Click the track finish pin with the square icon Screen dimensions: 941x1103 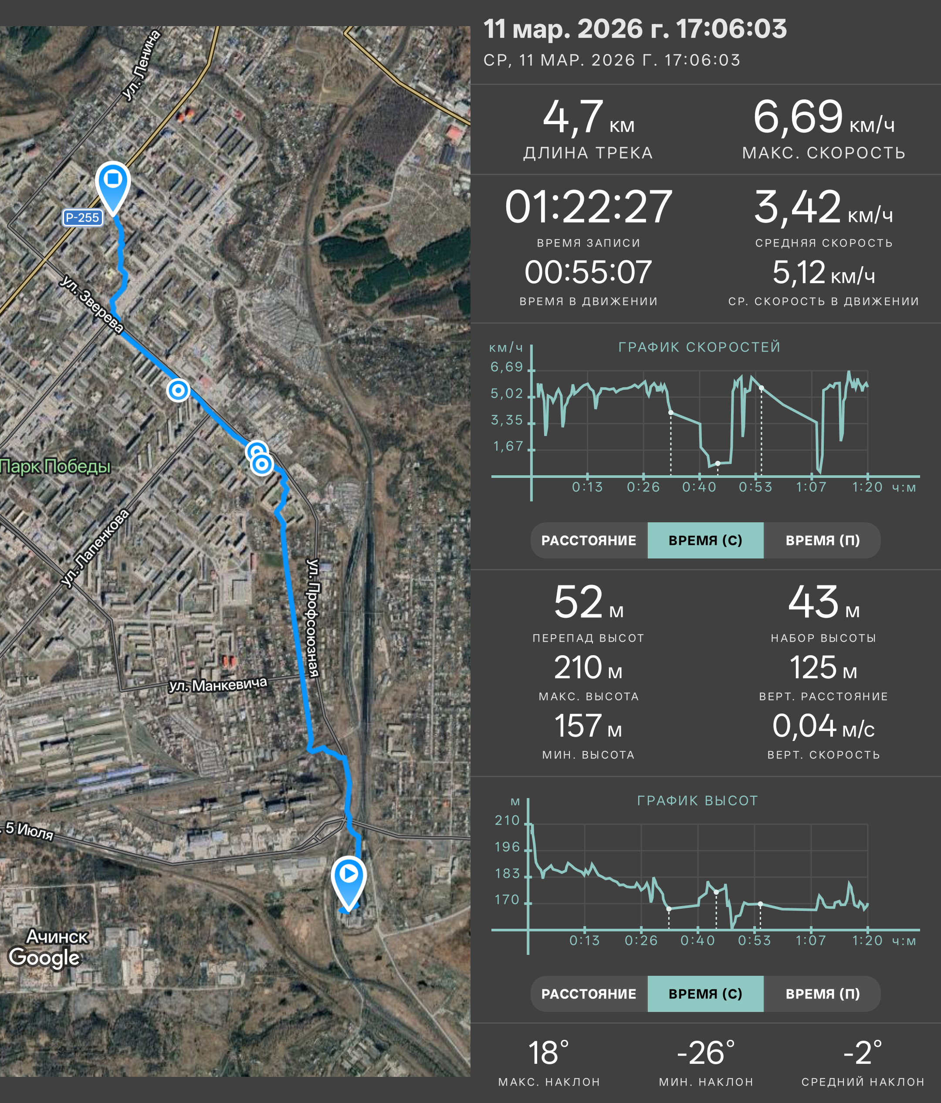click(x=113, y=187)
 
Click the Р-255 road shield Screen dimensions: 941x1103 click(x=82, y=218)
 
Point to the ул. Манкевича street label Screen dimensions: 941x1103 click(x=218, y=685)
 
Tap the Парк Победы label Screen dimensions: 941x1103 click(x=55, y=466)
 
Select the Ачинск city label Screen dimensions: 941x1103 click(x=58, y=937)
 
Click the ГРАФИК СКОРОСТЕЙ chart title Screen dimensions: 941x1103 click(x=699, y=347)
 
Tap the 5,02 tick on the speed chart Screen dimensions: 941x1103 click(x=507, y=393)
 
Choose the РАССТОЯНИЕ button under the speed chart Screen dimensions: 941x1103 click(x=589, y=540)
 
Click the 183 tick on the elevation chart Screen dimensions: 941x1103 click(x=507, y=873)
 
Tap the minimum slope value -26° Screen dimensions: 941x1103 click(x=706, y=1053)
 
